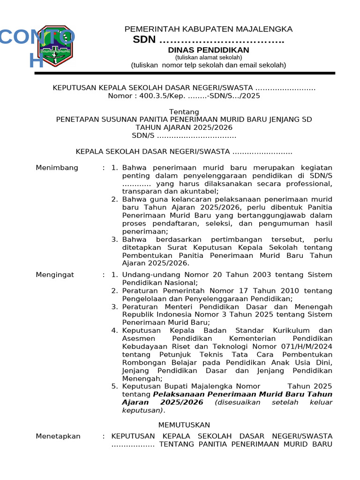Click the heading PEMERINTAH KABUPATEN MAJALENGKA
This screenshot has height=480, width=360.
[208, 29]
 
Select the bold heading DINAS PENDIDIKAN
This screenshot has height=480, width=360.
[209, 50]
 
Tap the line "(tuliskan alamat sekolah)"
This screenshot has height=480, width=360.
[209, 57]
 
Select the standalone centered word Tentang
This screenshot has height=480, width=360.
[184, 112]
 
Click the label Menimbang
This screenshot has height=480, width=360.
[57, 168]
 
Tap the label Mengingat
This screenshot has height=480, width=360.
[55, 275]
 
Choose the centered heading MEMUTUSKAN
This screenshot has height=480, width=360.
[184, 425]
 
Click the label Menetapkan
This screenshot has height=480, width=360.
[58, 436]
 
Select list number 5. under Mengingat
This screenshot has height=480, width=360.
[115, 386]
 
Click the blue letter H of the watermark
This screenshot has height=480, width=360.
[37, 60]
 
